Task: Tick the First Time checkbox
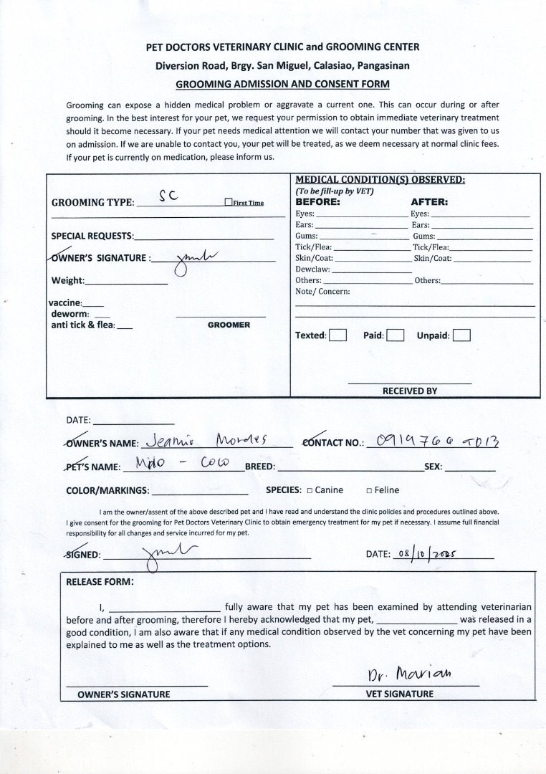pos(228,203)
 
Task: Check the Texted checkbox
pos(338,335)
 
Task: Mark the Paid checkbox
pos(396,335)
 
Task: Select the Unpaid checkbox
pos(461,335)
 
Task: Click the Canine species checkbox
pos(310,491)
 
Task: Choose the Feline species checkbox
pos(369,491)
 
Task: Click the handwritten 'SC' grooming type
pos(169,195)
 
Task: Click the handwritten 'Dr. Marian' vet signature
pos(412,674)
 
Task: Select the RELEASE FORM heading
pos(100,581)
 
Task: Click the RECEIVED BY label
pos(409,391)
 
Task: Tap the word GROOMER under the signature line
pos(229,325)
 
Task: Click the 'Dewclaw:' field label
pos(312,269)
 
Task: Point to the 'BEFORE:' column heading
pos(317,202)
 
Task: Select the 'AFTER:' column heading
pos(428,202)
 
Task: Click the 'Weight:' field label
pos(68,280)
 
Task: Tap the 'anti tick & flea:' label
pos(82,325)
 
